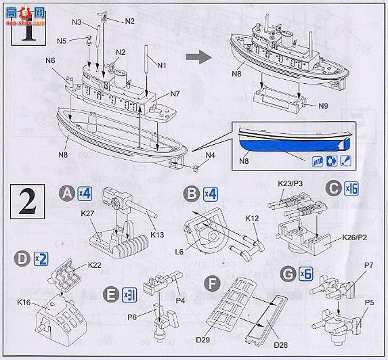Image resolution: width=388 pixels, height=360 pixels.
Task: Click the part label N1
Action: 162,65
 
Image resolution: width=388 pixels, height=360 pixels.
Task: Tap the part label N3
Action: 78,22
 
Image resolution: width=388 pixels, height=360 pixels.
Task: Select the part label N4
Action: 210,156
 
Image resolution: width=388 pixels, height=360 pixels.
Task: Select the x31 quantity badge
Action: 129,294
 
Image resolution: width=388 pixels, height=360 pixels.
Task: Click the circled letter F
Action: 213,280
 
